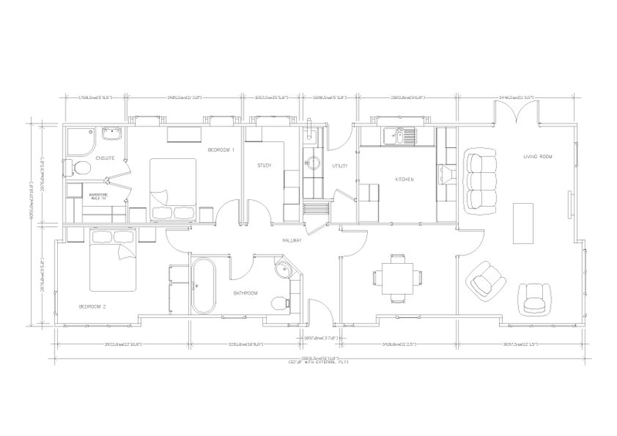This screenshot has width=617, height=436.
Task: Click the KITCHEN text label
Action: [405, 179]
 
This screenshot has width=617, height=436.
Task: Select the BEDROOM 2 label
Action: [94, 306]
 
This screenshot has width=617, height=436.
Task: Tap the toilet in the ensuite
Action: [79, 168]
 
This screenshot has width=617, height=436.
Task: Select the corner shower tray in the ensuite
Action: [81, 139]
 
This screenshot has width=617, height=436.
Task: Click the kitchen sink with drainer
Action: [403, 137]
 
